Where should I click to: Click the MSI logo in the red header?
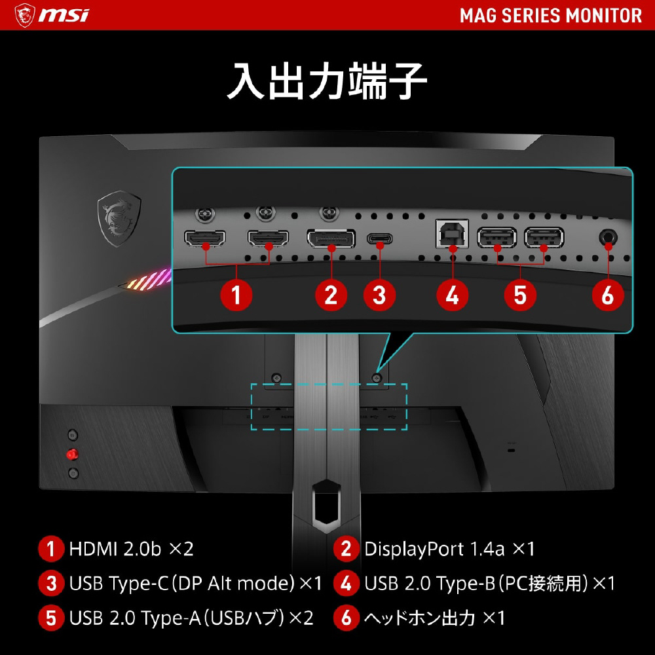52,15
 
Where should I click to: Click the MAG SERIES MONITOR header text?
551,16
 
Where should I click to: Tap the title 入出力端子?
327,81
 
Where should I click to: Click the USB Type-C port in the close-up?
379,238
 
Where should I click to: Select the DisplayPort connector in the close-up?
331,238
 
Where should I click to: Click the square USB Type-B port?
452,234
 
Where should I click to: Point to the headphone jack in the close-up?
608,238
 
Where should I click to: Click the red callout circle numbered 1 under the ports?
236,295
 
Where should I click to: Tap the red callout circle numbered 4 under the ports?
453,295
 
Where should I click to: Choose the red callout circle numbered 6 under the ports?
608,295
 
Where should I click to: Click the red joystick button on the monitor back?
72,454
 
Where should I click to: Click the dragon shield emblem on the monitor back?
119,217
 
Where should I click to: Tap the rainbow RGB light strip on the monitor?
148,280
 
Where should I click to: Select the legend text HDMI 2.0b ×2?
131,549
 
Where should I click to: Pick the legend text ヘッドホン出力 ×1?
434,618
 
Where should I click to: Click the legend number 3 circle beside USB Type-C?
51,583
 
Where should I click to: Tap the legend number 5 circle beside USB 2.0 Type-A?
51,618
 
